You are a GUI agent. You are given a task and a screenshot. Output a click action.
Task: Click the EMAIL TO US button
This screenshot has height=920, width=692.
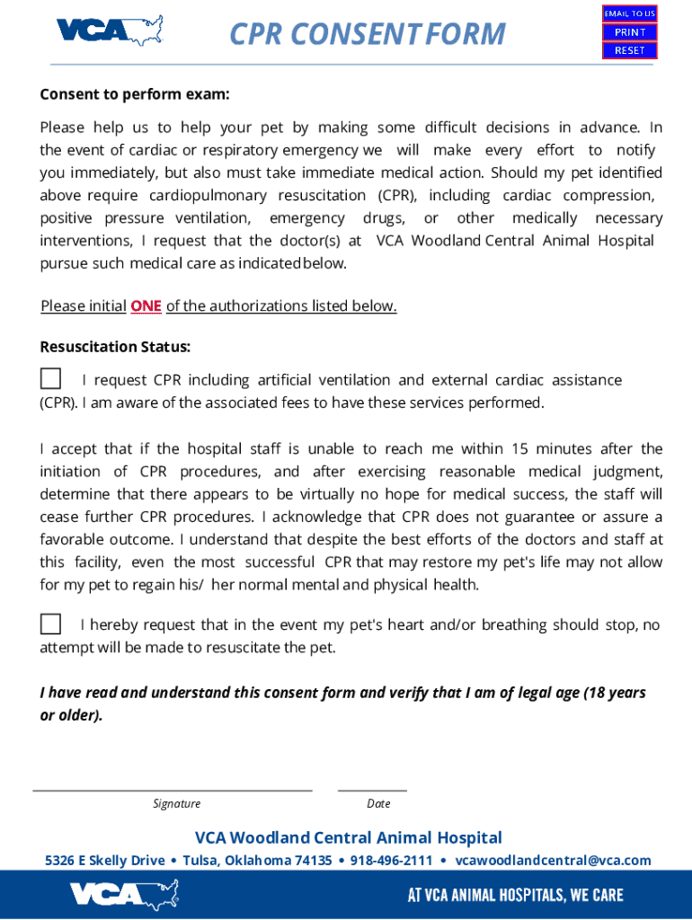(629, 13)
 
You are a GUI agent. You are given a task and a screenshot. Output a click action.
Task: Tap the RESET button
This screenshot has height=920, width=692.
(629, 50)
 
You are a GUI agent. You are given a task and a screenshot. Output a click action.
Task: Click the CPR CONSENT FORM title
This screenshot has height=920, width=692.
(368, 34)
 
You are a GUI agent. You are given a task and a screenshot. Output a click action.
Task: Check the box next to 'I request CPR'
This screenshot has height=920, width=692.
(51, 379)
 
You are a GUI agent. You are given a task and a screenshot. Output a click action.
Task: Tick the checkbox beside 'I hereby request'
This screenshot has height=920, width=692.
(51, 624)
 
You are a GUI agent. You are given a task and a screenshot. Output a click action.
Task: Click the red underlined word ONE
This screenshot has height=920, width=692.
(146, 306)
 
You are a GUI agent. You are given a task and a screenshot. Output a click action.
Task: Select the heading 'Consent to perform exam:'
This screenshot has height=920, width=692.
(135, 94)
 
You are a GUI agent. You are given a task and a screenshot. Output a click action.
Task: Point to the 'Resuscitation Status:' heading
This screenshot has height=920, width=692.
(115, 347)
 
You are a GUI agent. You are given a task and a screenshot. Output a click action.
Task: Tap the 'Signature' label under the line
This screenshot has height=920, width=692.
(176, 804)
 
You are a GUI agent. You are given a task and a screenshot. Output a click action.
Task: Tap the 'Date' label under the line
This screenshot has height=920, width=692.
(378, 804)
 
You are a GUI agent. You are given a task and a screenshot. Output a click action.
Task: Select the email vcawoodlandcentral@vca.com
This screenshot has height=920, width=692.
(553, 861)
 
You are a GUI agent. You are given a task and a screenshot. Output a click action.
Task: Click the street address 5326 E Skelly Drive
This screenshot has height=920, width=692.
(105, 861)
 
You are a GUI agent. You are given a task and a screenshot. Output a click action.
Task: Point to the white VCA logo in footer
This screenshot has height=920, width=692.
(125, 895)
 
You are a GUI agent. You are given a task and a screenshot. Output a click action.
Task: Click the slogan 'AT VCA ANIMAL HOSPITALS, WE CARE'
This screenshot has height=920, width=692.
(515, 895)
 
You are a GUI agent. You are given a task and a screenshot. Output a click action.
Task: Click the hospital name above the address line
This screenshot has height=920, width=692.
(349, 838)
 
